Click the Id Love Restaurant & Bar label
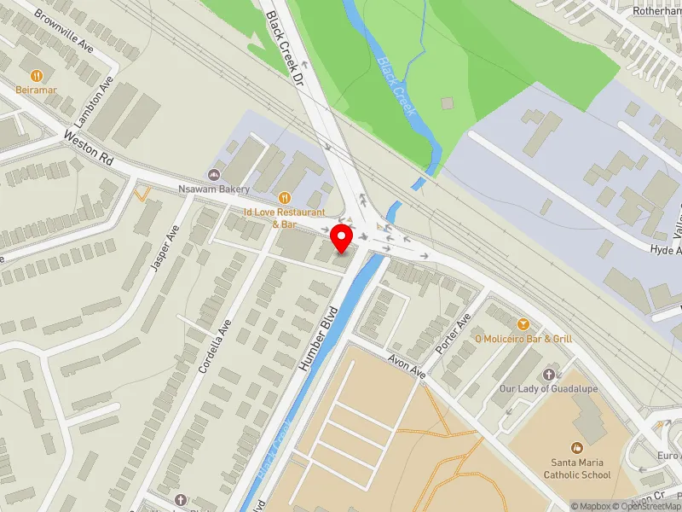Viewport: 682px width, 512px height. tap(285, 217)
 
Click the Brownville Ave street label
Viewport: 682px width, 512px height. tap(64, 32)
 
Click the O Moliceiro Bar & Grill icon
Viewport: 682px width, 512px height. tap(523, 324)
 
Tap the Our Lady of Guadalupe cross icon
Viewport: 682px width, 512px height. tap(548, 375)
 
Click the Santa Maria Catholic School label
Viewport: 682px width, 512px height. tap(579, 468)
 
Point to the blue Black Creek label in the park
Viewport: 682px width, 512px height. tap(394, 86)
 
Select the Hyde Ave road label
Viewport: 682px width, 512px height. tap(665, 250)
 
